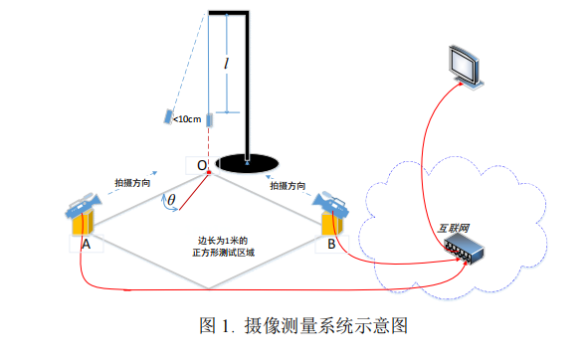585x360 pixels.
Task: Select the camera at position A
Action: tap(81, 211)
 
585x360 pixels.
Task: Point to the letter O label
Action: tap(201, 164)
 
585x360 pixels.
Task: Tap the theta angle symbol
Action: tap(171, 201)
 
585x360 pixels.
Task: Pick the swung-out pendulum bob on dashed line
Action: tap(167, 116)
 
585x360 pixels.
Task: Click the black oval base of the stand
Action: tap(247, 160)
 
